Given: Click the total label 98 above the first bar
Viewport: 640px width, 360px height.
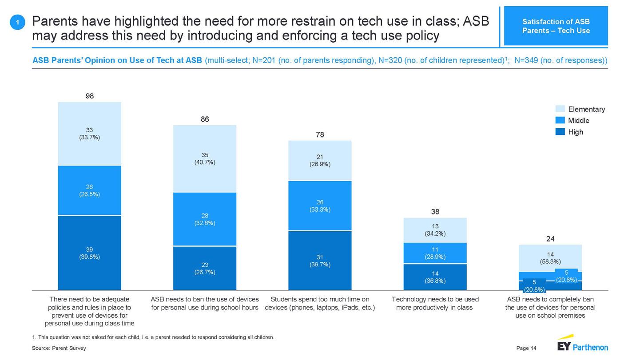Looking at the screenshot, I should (x=89, y=96).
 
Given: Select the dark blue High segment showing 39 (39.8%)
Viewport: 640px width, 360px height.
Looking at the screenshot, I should (x=89, y=253).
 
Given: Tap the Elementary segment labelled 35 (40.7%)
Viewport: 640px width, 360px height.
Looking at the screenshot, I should (x=205, y=158).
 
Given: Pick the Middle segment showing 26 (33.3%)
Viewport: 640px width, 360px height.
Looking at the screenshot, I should (x=320, y=206).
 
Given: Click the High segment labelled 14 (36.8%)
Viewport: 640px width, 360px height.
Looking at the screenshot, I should (x=435, y=277).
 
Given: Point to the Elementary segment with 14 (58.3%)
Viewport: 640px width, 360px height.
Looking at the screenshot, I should (x=550, y=258).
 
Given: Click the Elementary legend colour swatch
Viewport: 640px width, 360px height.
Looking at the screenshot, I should (x=560, y=109).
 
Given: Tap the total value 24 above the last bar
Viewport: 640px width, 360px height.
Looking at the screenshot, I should (x=550, y=239).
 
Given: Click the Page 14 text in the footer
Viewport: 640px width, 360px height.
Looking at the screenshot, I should (x=526, y=348).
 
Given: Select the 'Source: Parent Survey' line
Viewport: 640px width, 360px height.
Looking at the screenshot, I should (x=59, y=348).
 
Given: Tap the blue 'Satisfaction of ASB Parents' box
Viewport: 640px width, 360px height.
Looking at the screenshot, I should (x=556, y=26).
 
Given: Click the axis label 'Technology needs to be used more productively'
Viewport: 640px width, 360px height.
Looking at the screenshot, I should (x=435, y=303).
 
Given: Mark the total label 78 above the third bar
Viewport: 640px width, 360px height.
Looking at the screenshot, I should (x=320, y=135).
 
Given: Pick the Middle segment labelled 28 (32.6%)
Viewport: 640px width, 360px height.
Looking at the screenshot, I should (x=205, y=219).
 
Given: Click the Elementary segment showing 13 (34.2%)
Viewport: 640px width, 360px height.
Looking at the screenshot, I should (x=435, y=229).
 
